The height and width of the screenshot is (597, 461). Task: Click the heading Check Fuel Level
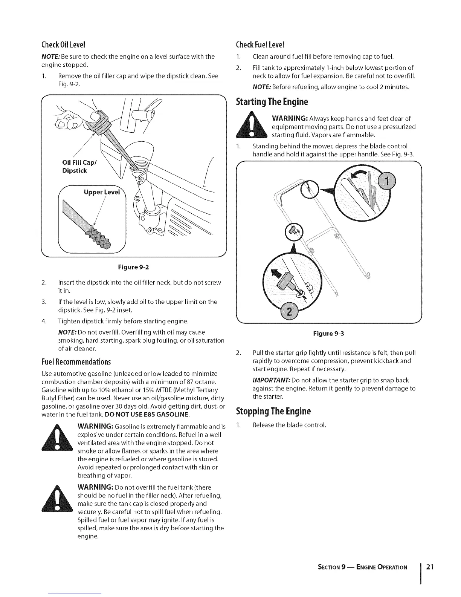point(259,44)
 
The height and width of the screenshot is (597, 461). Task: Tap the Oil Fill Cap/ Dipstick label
point(75,167)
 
